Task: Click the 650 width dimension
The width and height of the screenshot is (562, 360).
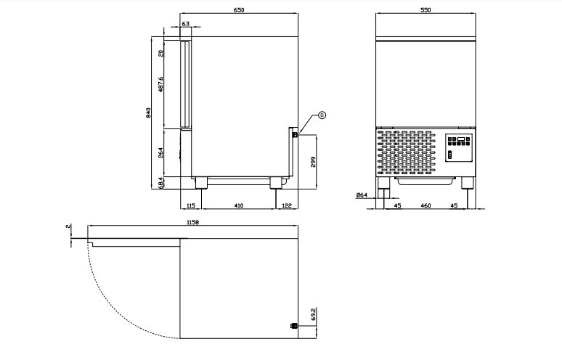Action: [239, 10]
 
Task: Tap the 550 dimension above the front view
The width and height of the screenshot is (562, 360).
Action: [425, 10]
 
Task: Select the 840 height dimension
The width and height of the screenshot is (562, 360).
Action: [148, 112]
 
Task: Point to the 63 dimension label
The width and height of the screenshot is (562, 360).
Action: [186, 24]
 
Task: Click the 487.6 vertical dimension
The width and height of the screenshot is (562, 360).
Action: [160, 84]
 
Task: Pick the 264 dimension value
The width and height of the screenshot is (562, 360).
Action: [160, 152]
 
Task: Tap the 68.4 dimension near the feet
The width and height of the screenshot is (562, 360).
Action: [160, 183]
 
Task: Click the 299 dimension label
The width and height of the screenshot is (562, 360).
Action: [312, 162]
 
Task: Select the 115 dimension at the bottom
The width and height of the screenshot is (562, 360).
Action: [191, 205]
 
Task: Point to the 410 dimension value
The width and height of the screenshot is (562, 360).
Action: [238, 205]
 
